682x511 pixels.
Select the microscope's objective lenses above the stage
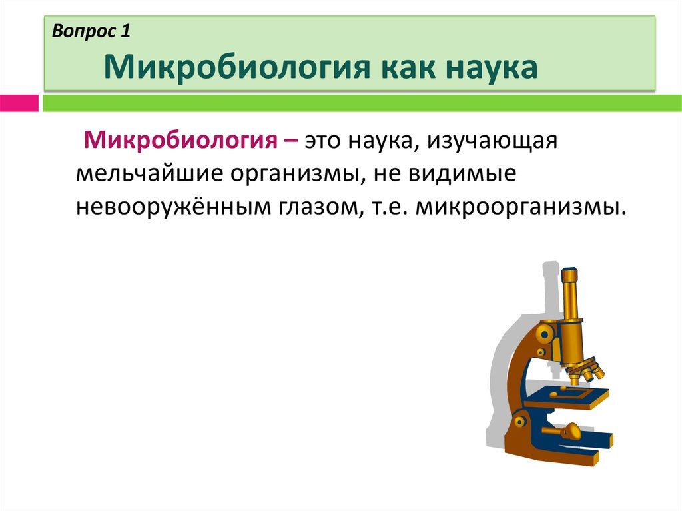click(x=584, y=370)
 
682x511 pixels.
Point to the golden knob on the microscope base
click(x=570, y=432)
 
